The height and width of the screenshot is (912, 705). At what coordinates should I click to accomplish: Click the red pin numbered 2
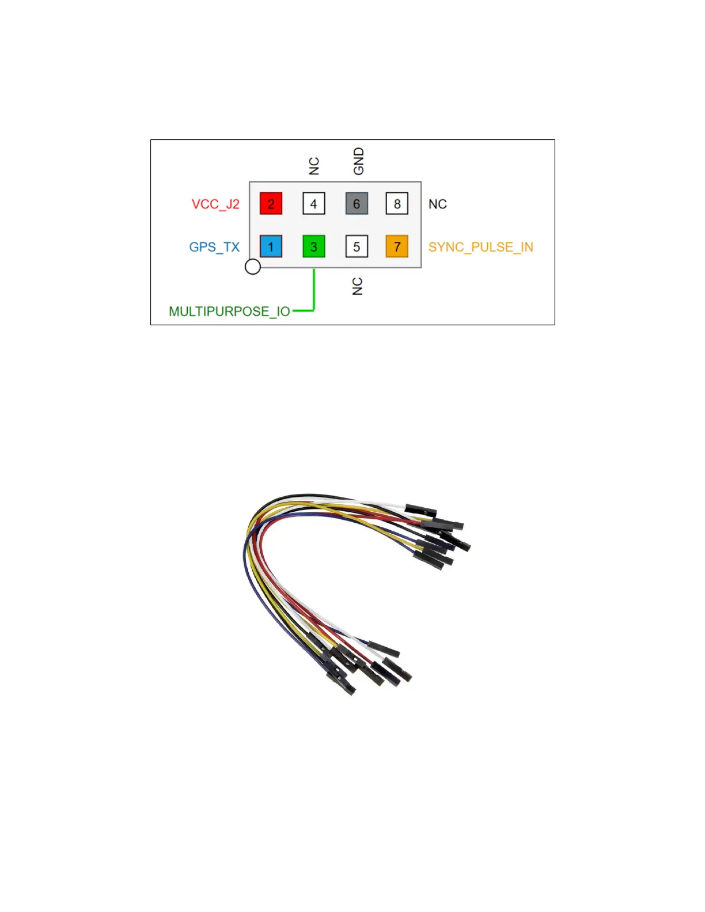pos(271,204)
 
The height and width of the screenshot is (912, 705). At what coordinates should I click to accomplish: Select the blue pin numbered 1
pos(271,247)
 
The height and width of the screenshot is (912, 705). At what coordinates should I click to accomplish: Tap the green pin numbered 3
pos(314,247)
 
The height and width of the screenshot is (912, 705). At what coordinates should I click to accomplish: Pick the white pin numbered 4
pos(314,204)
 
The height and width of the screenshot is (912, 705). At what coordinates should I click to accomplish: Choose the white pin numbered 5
pos(357,247)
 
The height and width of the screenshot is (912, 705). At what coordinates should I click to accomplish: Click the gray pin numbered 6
pos(357,204)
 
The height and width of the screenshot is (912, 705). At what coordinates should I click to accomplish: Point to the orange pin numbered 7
pos(397,247)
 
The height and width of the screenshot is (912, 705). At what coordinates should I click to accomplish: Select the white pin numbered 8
pos(397,204)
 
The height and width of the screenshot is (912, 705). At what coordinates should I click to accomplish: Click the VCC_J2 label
pos(215,204)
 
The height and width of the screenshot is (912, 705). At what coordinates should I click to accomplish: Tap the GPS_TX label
pos(214,248)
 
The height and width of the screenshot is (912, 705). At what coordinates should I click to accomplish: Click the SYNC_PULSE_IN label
pos(481,248)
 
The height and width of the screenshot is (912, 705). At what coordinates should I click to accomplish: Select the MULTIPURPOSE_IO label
pos(229,311)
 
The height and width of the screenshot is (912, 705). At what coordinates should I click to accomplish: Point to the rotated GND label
pos(359,161)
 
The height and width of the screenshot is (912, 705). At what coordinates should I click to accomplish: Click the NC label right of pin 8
pos(438,204)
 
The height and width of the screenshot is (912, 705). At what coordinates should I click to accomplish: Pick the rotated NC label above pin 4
pos(314,166)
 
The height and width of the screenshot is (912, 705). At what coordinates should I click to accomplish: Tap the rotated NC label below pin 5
pos(358,286)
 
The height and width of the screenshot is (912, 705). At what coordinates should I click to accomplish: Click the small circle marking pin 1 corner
pos(253,267)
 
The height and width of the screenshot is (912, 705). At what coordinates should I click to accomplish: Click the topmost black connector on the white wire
pos(421,510)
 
